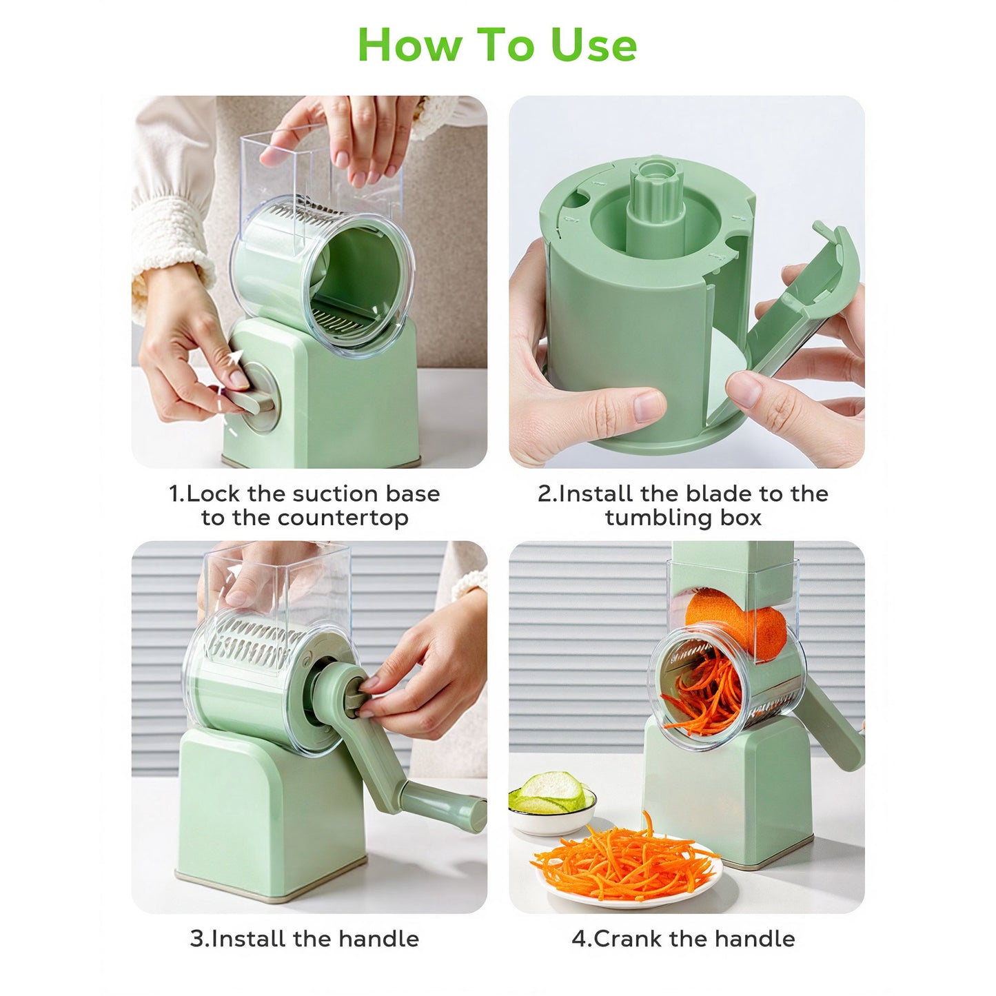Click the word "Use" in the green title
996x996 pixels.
[593, 45]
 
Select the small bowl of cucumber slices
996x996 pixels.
[551, 803]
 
